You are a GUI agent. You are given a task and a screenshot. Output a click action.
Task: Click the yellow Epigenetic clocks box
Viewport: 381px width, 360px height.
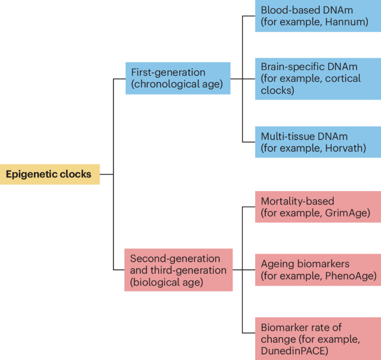click(50, 174)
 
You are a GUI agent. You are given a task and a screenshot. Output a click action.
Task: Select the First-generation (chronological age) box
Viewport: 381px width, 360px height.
click(177, 78)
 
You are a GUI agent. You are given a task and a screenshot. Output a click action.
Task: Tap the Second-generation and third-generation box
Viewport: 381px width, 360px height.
click(178, 270)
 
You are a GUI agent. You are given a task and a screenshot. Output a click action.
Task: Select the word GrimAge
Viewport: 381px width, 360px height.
click(347, 213)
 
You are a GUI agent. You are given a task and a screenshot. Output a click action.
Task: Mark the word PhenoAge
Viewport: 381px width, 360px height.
click(350, 276)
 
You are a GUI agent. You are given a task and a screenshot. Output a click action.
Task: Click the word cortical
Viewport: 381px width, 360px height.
click(343, 78)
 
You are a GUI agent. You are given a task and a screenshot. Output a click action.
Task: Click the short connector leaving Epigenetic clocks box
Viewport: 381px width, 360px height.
click(106, 174)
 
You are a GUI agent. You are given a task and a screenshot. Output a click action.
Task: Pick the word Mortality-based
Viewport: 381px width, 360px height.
click(298, 201)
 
